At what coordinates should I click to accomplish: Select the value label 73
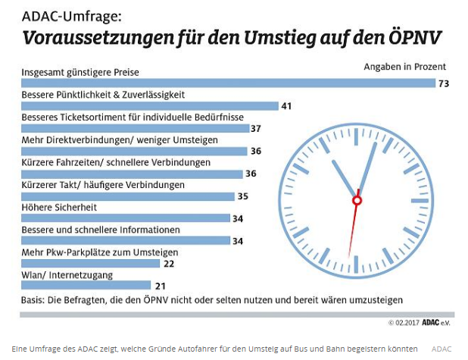[x=444, y=83]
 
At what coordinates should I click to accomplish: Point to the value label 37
[x=256, y=129]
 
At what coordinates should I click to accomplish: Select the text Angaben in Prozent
[x=404, y=67]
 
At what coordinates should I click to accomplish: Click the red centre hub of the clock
[x=357, y=200]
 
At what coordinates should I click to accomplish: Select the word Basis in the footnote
[x=33, y=299]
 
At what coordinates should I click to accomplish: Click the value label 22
[x=168, y=264]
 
